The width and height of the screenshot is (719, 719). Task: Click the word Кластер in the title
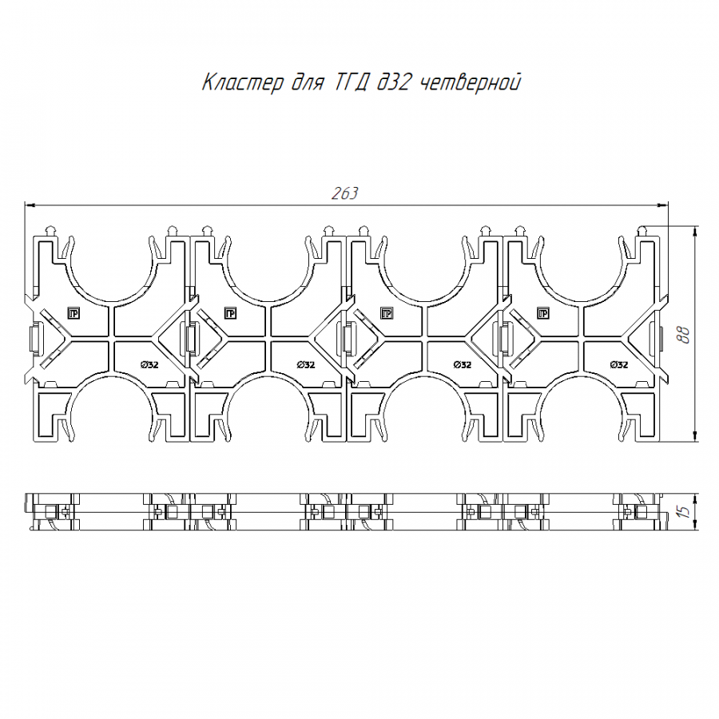(243, 83)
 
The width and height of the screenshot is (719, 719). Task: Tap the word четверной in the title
(471, 83)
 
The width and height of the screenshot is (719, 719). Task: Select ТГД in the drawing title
(350, 83)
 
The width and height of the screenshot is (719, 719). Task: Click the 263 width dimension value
(344, 193)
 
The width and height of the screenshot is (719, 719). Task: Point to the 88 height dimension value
(683, 335)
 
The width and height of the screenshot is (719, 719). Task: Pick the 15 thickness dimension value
(683, 511)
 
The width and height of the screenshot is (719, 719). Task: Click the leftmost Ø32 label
(150, 365)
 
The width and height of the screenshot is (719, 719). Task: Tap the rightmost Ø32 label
(619, 365)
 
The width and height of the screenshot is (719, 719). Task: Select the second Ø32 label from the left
(306, 365)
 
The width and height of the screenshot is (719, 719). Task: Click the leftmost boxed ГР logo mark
(73, 314)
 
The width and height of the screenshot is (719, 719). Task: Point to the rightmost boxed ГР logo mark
(543, 314)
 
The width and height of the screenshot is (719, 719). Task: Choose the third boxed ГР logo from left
(387, 314)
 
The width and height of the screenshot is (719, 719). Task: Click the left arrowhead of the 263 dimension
(29, 205)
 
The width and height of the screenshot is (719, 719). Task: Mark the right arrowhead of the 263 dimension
(664, 205)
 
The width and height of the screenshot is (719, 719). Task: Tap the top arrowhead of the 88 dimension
(696, 232)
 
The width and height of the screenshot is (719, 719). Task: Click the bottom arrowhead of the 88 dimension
(696, 436)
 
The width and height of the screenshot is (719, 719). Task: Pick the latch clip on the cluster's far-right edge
(657, 339)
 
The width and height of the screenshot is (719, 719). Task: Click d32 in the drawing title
(393, 83)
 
